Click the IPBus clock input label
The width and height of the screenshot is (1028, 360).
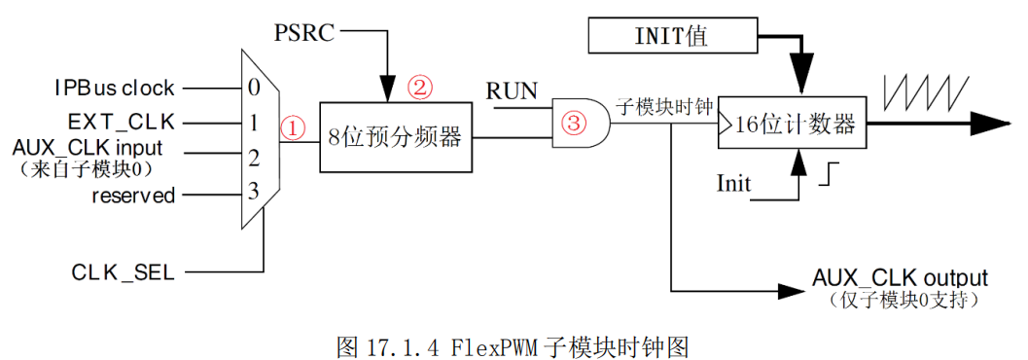pos(114,89)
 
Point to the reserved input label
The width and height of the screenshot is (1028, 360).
pos(133,196)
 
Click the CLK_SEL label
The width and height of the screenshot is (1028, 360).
pos(123,272)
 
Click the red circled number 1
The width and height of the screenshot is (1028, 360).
pos(292,128)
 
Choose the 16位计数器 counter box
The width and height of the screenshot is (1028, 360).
pos(791,125)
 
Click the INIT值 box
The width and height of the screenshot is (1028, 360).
pos(672,38)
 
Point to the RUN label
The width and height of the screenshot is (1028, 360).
pos(512,91)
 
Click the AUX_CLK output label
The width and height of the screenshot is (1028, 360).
pos(900,278)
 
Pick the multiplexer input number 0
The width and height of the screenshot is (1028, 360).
pos(254,89)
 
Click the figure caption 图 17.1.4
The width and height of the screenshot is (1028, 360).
pos(513,345)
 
